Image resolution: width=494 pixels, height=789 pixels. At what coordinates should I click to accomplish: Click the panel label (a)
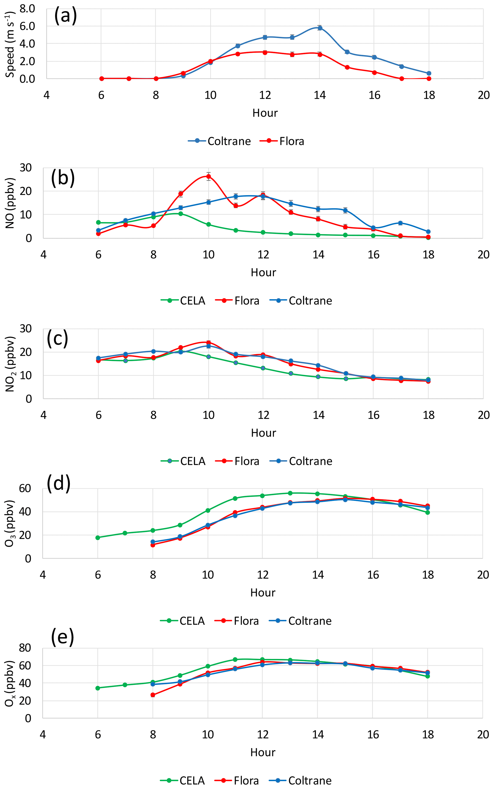[x=65, y=16]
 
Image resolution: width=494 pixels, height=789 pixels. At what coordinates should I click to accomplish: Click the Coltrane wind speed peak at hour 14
[x=320, y=28]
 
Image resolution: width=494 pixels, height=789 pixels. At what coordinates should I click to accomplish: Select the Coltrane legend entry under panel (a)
[x=220, y=141]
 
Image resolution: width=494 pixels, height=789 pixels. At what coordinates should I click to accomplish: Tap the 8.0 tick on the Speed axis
[x=27, y=9]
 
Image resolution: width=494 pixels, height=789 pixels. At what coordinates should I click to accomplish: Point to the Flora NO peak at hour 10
[x=208, y=177]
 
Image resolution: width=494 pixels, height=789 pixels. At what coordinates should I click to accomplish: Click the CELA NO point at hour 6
[x=98, y=222]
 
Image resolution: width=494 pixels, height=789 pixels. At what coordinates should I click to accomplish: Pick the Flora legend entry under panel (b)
[x=238, y=300]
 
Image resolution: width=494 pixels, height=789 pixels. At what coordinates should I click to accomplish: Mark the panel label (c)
[x=58, y=339]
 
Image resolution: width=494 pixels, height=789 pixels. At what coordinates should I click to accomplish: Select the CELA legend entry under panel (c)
[x=183, y=461]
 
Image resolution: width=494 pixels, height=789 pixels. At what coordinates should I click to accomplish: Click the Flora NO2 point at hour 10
[x=208, y=343]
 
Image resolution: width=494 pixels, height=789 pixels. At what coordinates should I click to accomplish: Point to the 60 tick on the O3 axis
[x=25, y=489]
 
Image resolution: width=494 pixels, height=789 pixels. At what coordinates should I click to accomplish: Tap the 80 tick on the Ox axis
[x=25, y=648]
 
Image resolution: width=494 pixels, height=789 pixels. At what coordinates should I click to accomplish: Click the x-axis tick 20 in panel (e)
[x=483, y=734]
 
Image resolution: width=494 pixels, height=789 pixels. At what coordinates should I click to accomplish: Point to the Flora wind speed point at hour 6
[x=102, y=78]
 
